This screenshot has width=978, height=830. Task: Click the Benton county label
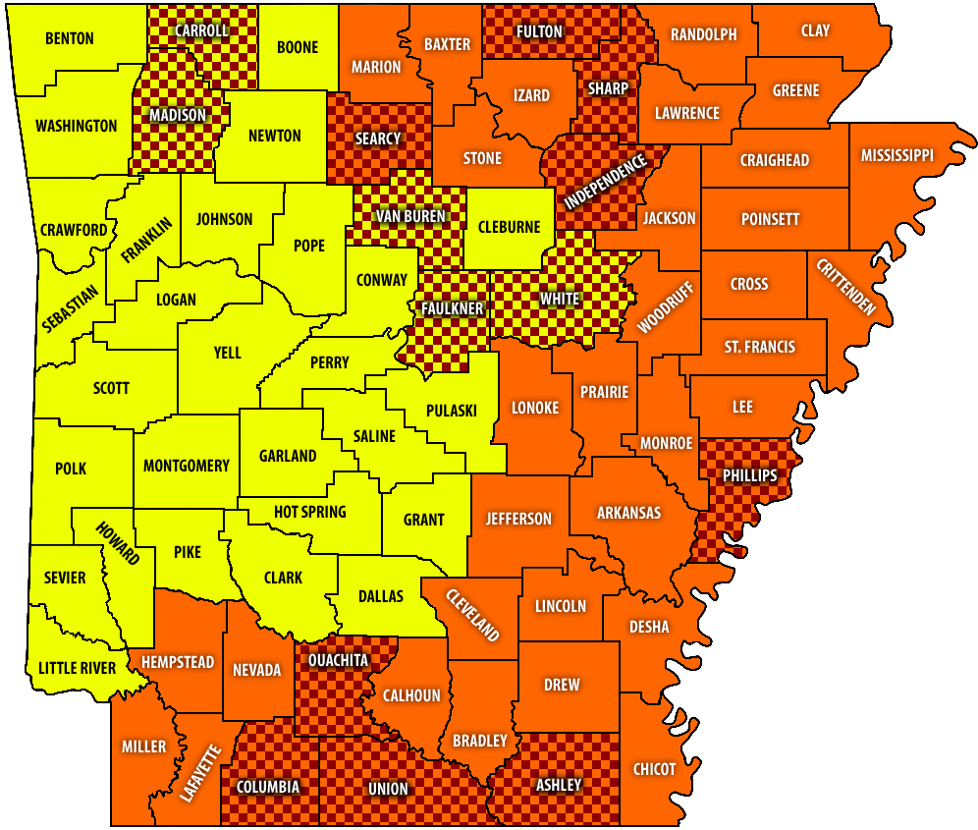click(x=69, y=38)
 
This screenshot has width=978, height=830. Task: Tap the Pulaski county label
click(x=452, y=411)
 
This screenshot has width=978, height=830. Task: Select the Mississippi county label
click(x=897, y=155)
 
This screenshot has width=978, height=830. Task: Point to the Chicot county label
click(x=654, y=769)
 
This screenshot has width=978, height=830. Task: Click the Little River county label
click(x=77, y=668)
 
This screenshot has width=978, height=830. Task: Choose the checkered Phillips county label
click(x=749, y=475)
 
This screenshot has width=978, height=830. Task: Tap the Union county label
click(x=388, y=789)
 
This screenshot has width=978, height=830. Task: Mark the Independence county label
click(x=606, y=182)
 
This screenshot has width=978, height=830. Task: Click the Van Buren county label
click(x=410, y=216)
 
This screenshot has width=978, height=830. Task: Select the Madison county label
click(x=178, y=115)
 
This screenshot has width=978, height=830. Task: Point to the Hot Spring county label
click(x=309, y=512)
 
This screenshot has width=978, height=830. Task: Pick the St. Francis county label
click(x=760, y=347)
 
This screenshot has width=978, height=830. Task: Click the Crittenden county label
click(x=842, y=286)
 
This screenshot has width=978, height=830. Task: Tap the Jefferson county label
click(x=518, y=519)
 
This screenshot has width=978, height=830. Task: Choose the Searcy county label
click(x=378, y=138)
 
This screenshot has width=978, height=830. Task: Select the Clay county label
click(x=815, y=30)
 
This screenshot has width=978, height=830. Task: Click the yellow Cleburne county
click(x=509, y=227)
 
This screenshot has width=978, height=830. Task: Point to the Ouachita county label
click(x=338, y=659)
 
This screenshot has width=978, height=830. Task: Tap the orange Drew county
click(x=562, y=685)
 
